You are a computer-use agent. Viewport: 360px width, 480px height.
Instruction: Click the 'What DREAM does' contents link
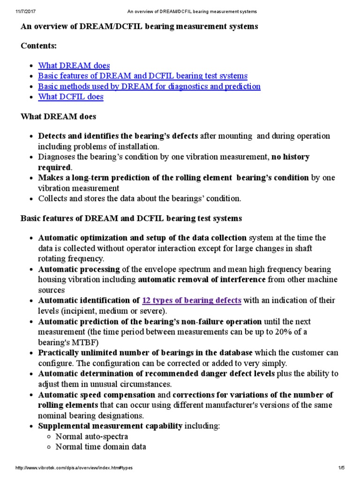pos(74,66)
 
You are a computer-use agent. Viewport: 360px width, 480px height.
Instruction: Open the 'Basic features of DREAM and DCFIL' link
pos(142,76)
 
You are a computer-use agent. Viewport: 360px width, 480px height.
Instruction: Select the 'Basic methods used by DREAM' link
pos(149,86)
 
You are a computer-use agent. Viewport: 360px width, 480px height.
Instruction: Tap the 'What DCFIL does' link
pos(70,97)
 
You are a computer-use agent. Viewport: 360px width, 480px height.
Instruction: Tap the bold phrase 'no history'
pos(291,157)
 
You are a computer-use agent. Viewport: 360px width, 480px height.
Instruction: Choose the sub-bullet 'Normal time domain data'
pos(100,447)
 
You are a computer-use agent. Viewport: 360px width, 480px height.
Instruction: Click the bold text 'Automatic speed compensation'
pos(97,395)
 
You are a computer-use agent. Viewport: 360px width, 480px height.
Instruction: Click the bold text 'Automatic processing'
pos(79,270)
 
